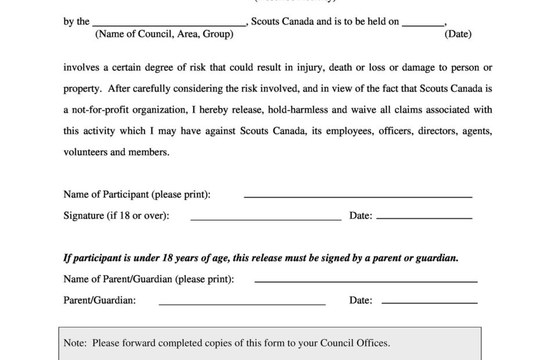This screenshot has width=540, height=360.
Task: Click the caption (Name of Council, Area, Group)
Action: pos(164,34)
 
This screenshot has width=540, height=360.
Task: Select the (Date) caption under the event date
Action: pos(458,34)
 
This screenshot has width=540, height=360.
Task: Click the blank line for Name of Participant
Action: pos(358,197)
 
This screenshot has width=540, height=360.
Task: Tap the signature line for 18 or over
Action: pos(266,219)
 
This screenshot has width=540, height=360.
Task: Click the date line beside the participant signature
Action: pos(424,218)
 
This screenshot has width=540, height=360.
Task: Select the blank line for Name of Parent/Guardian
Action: pos(366,282)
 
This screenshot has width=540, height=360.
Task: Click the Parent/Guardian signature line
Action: pos(242,304)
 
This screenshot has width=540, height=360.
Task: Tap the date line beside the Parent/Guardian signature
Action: pos(429,303)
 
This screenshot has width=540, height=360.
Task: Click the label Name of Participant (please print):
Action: pos(137,195)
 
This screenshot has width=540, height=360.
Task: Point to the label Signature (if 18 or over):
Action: pos(116,216)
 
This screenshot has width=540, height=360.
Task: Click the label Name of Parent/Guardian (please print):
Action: pos(149,279)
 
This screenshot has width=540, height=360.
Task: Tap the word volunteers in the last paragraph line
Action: pos(85,152)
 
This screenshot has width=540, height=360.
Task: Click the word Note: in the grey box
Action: pos(75,343)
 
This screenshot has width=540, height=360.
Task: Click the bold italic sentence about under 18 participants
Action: pos(261,258)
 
